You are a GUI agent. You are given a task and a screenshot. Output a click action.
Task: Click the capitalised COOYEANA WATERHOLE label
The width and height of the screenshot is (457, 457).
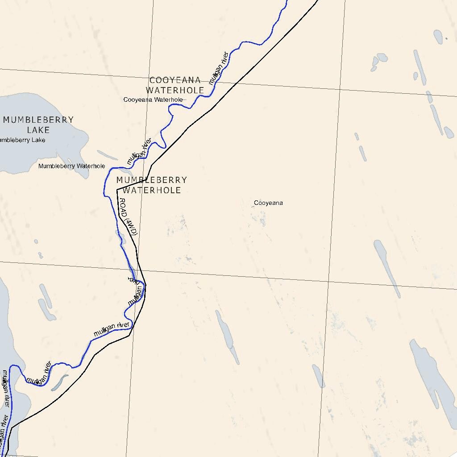175,85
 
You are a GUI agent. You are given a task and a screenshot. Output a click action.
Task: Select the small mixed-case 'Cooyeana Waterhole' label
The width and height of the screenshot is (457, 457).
153,100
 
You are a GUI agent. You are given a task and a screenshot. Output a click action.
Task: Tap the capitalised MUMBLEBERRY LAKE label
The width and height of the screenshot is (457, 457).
38,125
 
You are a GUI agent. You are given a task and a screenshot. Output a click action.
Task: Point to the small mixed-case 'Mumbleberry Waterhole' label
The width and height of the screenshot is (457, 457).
71,166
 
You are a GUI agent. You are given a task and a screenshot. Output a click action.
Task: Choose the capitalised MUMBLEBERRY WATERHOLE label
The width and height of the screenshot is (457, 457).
151,185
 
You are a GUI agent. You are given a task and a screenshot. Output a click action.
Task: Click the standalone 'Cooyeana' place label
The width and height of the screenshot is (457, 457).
268,203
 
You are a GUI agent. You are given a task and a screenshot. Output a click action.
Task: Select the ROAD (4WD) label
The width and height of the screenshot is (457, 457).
128,221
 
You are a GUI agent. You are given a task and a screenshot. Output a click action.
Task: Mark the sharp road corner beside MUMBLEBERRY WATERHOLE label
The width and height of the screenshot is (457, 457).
117,190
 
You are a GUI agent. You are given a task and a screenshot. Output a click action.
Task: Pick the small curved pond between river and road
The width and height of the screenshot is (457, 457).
59,382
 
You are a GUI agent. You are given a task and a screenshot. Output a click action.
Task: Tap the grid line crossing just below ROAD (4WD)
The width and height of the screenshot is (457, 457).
137,270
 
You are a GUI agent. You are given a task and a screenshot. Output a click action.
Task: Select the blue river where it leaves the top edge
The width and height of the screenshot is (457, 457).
286,1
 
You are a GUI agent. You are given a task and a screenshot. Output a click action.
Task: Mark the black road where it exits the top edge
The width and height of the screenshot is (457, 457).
317,1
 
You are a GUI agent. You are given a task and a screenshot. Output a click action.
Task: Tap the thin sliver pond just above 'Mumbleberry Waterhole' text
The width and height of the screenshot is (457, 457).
108,155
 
